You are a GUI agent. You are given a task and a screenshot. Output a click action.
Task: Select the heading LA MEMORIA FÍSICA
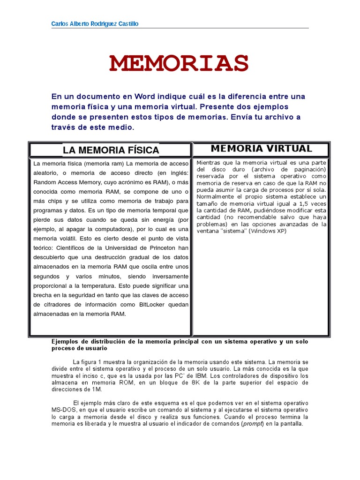111,150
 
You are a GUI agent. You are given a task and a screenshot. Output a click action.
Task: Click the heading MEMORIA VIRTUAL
261,149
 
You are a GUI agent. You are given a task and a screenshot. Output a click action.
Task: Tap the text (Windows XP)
267,231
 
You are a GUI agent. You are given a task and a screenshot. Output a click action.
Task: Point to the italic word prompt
252,424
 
